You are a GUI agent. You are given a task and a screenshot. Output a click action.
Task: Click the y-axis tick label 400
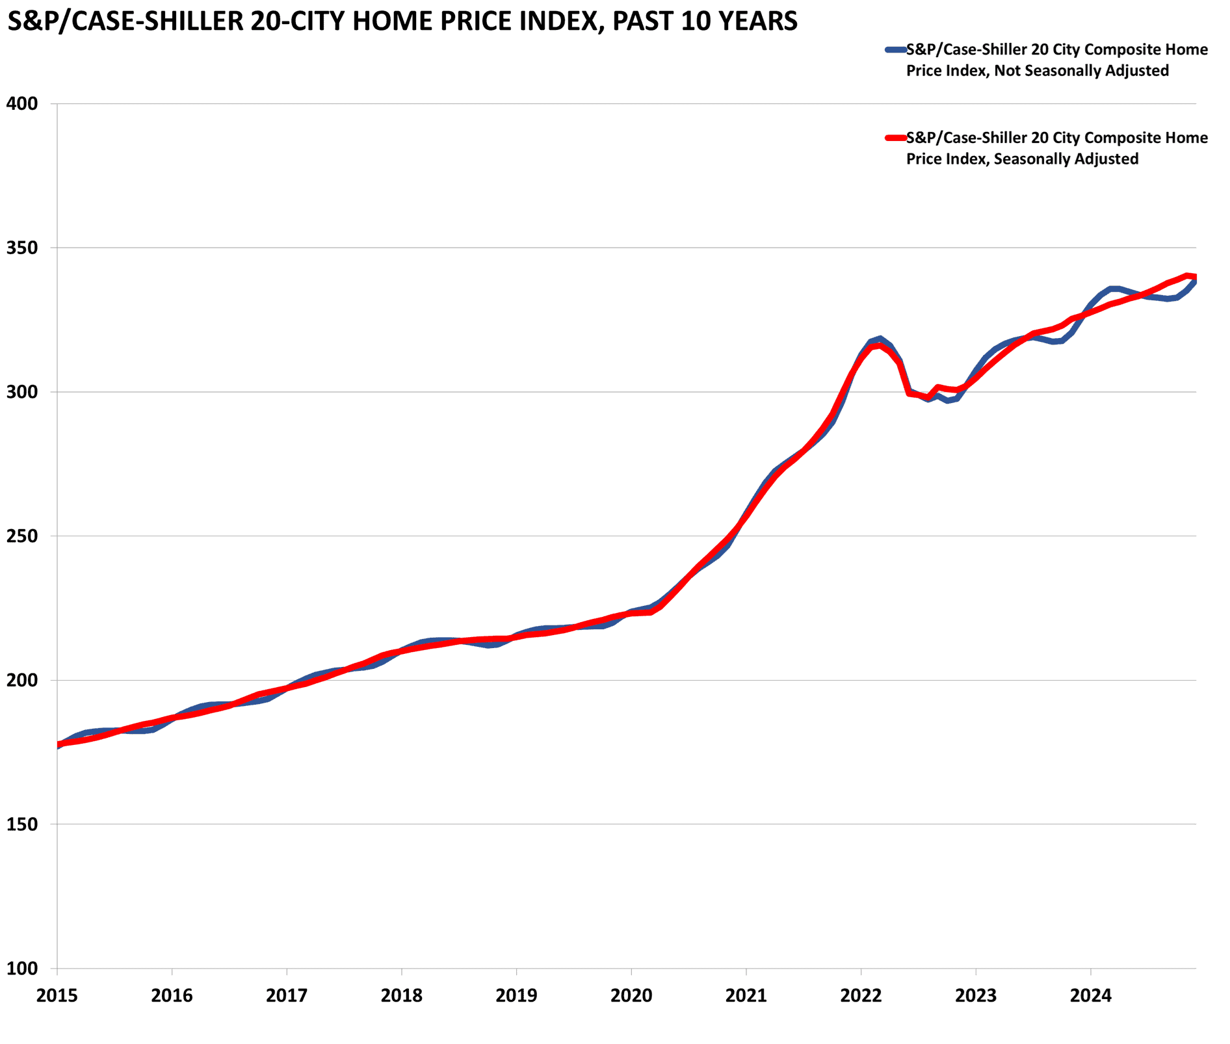pos(23,103)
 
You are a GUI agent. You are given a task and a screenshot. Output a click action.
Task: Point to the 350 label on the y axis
pos(23,248)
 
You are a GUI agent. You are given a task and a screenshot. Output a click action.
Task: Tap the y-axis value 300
pos(23,392)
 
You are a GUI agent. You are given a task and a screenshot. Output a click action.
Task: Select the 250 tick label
pos(23,536)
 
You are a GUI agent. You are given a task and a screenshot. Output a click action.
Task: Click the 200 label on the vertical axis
pos(23,681)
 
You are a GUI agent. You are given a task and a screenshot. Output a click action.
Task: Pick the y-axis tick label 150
pos(23,824)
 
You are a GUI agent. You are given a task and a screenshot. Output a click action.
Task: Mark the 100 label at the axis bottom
pos(23,969)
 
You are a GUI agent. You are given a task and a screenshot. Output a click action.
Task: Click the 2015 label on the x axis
pos(57,995)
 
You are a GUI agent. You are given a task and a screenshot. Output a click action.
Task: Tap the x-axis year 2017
pos(287,995)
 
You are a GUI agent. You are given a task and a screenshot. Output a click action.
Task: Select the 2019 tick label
pos(516,995)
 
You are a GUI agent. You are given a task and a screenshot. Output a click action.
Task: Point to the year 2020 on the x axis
pos(631,995)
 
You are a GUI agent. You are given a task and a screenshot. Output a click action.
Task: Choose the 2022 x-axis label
pos(861,995)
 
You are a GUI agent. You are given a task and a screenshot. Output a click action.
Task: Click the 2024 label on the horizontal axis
pos(1090,995)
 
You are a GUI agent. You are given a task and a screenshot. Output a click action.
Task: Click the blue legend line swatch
pos(895,49)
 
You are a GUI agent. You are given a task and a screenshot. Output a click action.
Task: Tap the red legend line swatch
pos(895,138)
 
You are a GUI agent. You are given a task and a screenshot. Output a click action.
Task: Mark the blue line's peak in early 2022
pos(880,339)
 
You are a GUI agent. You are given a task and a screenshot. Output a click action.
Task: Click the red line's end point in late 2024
pos(1194,277)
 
